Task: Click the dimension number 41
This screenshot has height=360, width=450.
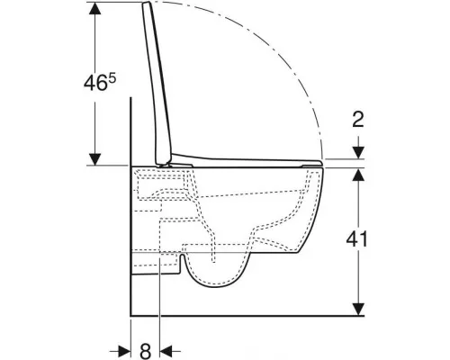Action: click(x=356, y=239)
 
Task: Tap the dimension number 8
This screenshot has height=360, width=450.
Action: click(x=146, y=351)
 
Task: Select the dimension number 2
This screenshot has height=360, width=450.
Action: click(x=358, y=119)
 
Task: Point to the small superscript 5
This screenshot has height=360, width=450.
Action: click(x=112, y=78)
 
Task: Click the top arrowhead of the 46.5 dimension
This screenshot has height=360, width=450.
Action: click(x=95, y=8)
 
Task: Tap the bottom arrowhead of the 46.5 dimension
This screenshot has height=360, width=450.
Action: click(x=95, y=159)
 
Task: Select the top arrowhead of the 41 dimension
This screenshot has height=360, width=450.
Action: click(x=358, y=175)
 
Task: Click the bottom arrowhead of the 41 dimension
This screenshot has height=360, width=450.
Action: click(x=358, y=310)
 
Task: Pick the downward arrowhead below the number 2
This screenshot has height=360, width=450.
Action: click(x=358, y=153)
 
